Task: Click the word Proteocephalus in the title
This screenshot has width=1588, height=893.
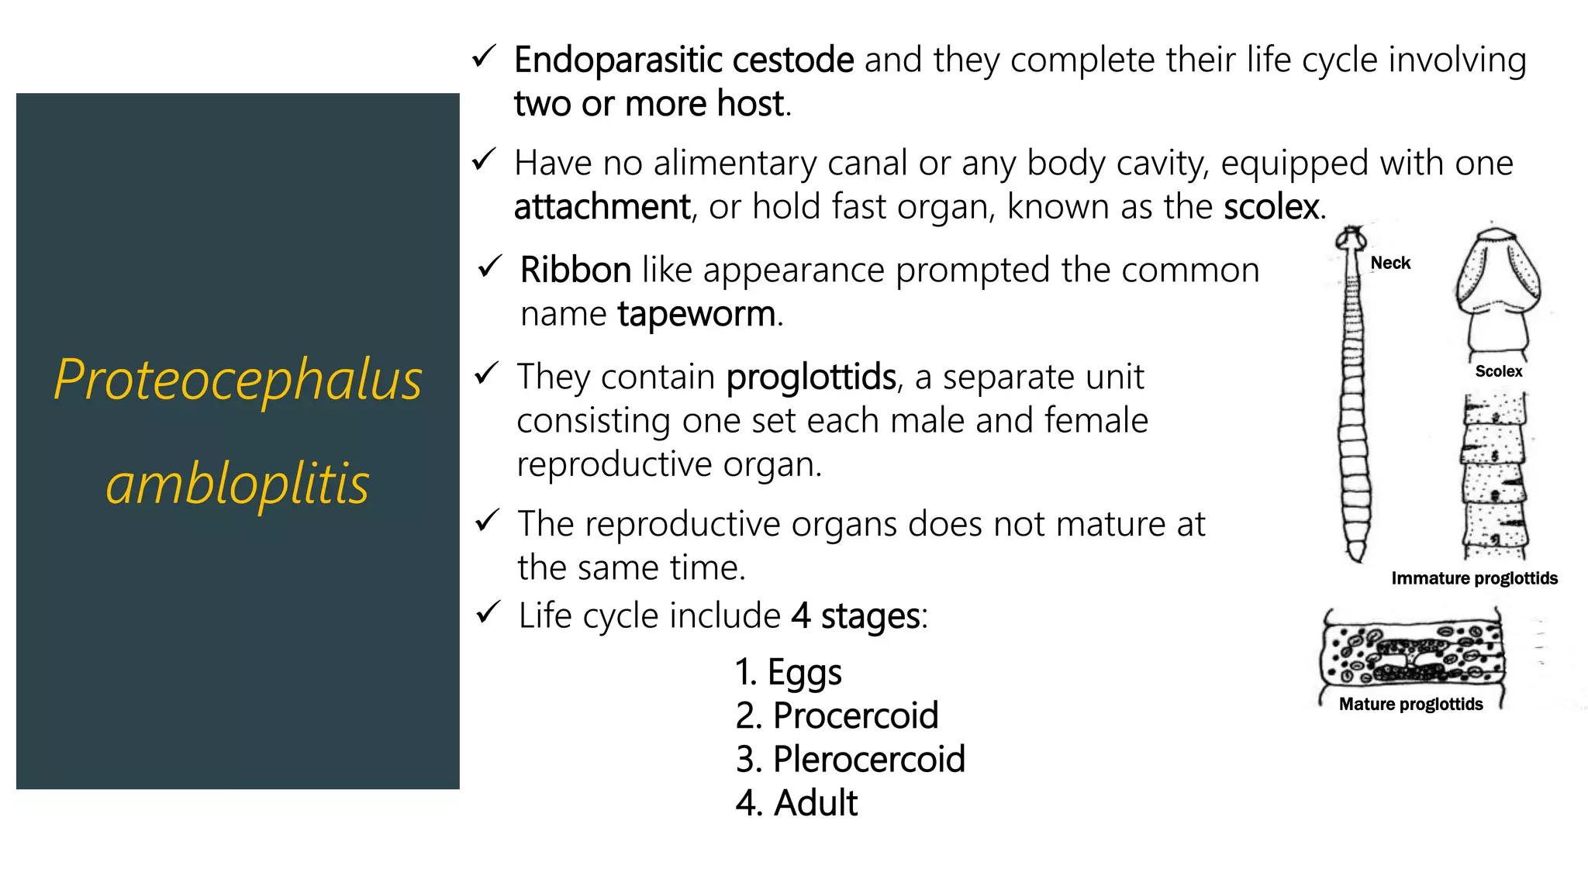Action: [x=237, y=380]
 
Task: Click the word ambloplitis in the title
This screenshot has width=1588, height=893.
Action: [x=237, y=484]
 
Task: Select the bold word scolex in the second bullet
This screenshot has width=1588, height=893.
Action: [x=1271, y=207]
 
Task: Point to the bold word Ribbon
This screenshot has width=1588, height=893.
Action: [x=575, y=271]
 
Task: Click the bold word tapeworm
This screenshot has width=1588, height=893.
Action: [x=696, y=315]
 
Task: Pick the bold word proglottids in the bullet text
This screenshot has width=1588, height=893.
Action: [x=811, y=378]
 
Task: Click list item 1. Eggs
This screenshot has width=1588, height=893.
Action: [x=788, y=672]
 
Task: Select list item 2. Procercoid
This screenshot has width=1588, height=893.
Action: [x=837, y=715]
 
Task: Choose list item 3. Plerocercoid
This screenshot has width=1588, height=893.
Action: [x=850, y=760]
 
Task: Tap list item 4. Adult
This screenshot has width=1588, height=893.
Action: [x=796, y=803]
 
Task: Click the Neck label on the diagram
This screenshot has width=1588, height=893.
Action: [x=1390, y=264]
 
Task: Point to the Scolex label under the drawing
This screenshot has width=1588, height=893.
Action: [x=1498, y=372]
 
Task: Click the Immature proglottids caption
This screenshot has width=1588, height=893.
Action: [x=1474, y=578]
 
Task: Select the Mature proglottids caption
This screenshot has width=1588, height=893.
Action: [x=1410, y=704]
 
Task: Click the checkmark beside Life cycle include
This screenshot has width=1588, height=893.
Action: [x=488, y=612]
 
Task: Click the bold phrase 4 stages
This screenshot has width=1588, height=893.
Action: [x=855, y=617]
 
